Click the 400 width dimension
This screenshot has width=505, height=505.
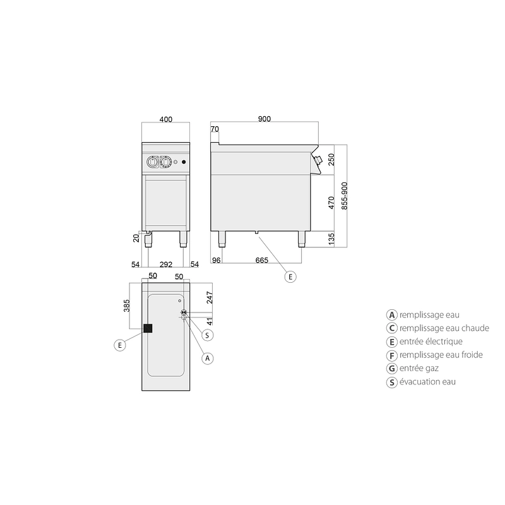tap(166, 119)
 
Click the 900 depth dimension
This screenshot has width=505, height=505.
tap(264, 119)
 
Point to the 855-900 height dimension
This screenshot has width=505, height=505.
tap(344, 196)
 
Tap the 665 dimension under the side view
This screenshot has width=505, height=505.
tap(262, 260)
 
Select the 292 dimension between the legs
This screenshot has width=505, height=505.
tap(166, 264)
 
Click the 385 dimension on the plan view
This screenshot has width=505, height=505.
tap(127, 306)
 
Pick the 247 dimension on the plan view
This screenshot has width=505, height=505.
tap(210, 297)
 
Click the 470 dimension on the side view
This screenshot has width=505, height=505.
tap(331, 203)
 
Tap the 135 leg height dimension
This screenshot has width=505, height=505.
tap(331, 239)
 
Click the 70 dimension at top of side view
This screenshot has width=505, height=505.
tap(215, 129)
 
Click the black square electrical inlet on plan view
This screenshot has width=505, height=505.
tap(148, 328)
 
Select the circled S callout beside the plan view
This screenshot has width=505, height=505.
tap(207, 335)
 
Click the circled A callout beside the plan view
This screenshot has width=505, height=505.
tap(208, 358)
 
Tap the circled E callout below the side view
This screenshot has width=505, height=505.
tap(290, 276)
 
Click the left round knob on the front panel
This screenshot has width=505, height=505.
tap(152, 162)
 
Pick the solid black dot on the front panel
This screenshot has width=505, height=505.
tap(184, 162)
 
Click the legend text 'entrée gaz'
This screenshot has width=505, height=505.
tap(419, 368)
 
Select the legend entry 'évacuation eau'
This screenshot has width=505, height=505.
tap(427, 382)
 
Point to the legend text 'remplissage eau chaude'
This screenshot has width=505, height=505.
tap(444, 328)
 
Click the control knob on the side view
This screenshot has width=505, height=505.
tap(318, 160)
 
